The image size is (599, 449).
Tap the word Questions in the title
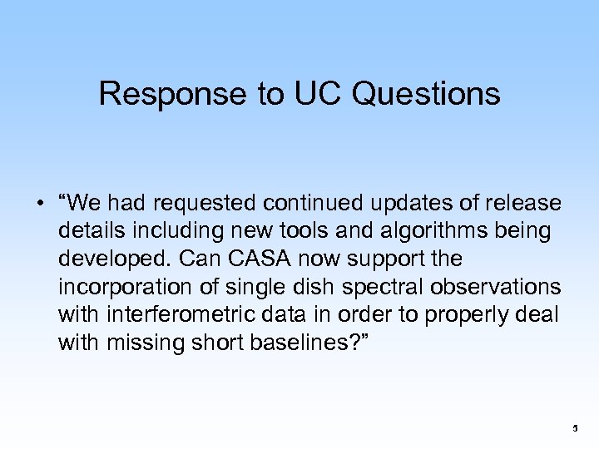click(x=427, y=95)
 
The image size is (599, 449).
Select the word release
click(x=522, y=205)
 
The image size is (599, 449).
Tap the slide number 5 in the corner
click(x=574, y=428)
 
